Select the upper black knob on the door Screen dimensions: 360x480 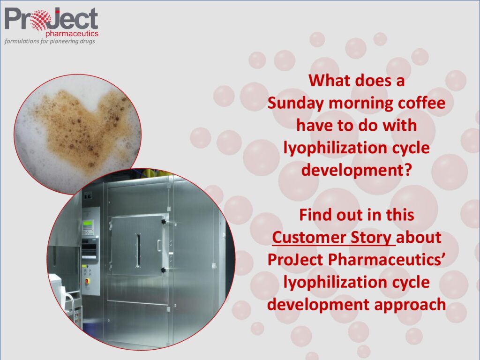click(164, 221)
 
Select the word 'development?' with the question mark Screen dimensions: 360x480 click(356, 170)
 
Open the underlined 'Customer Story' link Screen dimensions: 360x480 click(332, 238)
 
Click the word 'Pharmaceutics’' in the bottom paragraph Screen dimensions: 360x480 click(389, 260)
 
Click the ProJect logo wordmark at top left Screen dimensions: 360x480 click(52, 19)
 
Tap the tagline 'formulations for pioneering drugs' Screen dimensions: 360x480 click(50, 41)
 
